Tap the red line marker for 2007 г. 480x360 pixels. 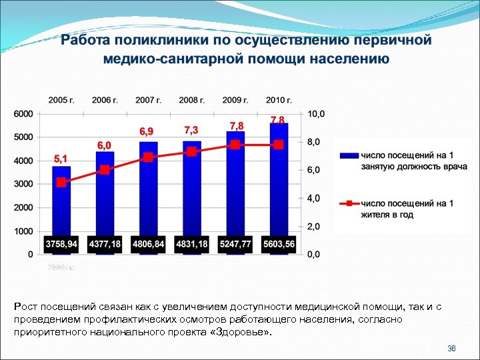(148, 157)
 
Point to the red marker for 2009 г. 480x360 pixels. (235, 145)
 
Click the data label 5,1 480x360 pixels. (61, 158)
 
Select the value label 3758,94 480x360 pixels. (61, 245)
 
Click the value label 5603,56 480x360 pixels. (279, 245)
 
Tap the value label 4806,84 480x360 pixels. (148, 245)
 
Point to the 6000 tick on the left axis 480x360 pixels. (23, 114)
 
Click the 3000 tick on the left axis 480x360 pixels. (23, 184)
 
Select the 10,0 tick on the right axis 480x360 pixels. (316, 114)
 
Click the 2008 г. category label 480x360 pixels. (192, 100)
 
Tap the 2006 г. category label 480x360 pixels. (105, 100)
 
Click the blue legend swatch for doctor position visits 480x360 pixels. (348, 155)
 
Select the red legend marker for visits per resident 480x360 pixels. (348, 203)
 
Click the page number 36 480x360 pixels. (451, 349)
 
